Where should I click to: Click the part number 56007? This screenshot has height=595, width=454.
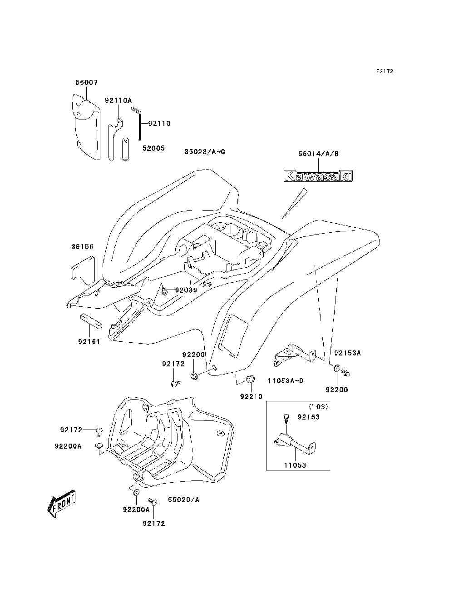[x=86, y=83]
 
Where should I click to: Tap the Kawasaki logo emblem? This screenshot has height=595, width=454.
[x=318, y=176]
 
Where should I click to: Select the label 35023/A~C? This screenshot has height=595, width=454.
[x=205, y=152]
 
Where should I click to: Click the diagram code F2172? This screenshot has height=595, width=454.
[x=385, y=71]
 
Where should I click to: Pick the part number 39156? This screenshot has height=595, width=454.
[x=82, y=247]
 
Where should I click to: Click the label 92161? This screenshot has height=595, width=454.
[x=89, y=341]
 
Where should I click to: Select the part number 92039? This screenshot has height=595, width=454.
[x=186, y=290]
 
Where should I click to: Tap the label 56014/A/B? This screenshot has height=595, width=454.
[x=318, y=154]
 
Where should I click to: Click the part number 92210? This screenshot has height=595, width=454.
[x=251, y=396]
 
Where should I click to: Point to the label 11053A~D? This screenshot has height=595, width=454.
[x=285, y=380]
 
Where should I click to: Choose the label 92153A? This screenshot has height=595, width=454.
[x=347, y=353]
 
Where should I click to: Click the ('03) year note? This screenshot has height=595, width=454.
[x=318, y=406]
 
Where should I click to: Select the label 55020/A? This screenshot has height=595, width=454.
[x=183, y=500]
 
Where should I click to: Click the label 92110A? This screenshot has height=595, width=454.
[x=118, y=100]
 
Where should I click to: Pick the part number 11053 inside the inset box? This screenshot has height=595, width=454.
[x=295, y=465]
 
